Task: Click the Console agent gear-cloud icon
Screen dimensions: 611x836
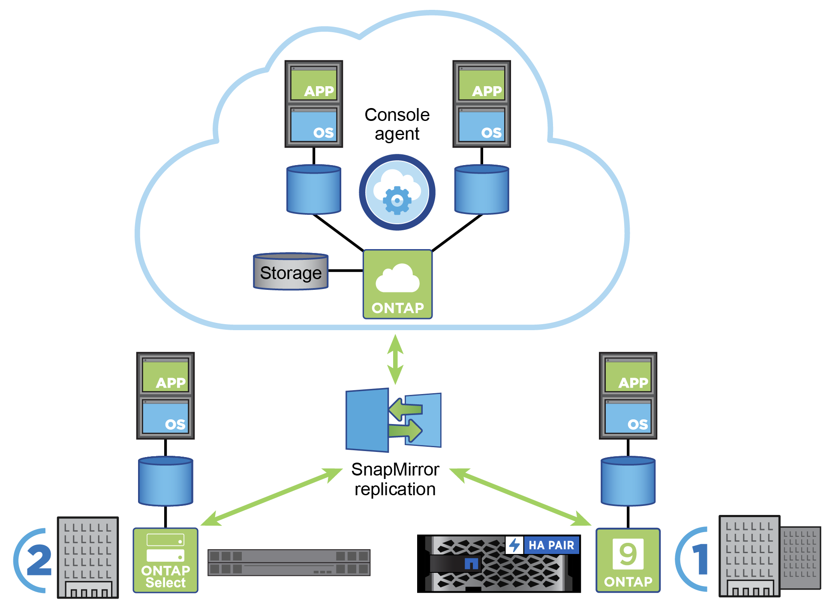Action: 397,192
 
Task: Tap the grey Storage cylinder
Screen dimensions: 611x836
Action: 291,272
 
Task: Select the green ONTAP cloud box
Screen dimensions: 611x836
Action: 397,284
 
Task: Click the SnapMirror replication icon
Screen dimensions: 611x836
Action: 393,420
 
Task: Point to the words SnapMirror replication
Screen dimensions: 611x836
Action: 395,479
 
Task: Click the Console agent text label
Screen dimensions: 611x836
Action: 397,124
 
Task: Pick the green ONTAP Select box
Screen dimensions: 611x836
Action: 165,560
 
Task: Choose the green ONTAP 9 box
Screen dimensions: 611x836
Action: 628,560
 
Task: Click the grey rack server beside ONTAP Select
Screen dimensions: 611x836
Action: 289,563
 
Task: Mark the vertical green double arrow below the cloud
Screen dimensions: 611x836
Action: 395,359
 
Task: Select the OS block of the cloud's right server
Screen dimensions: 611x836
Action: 481,125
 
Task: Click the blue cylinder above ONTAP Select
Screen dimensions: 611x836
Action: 165,481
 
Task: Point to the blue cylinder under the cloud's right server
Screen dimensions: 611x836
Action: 481,190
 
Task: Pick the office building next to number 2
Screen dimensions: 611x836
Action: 88,557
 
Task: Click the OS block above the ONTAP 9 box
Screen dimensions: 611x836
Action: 628,417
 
